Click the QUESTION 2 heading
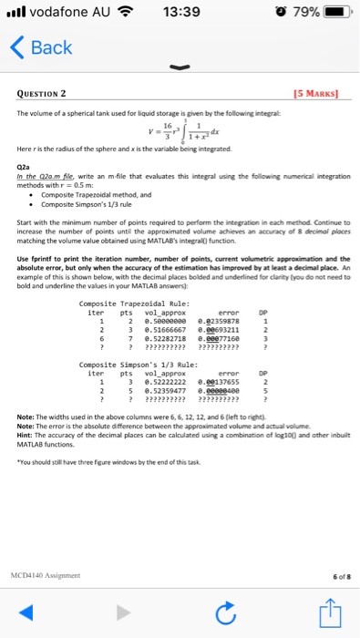click(x=53, y=92)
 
